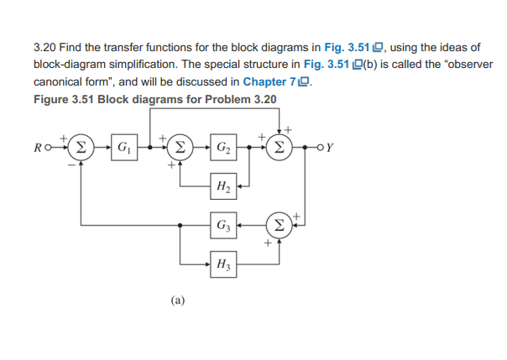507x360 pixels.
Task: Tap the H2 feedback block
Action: [x=224, y=189]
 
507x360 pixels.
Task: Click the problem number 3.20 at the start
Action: [x=45, y=47]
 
